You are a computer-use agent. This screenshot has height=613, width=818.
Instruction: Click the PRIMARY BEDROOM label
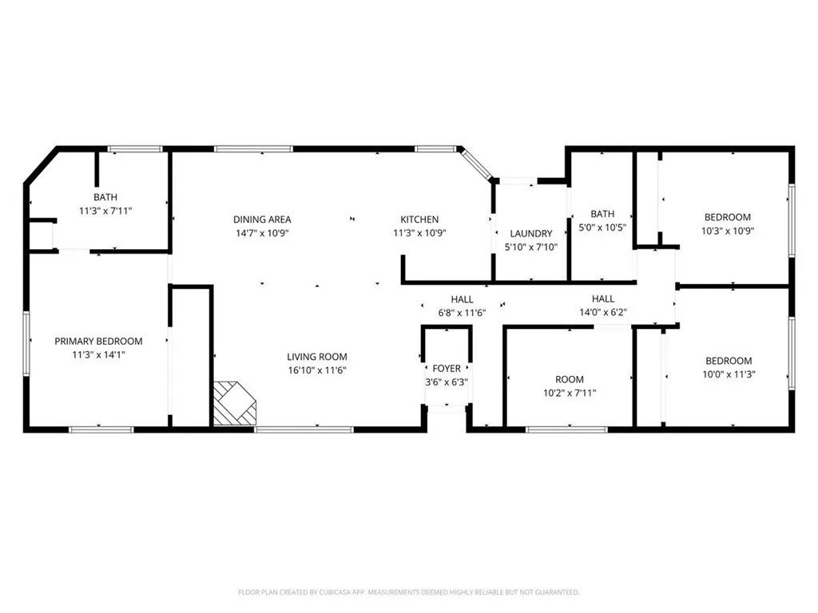(x=98, y=341)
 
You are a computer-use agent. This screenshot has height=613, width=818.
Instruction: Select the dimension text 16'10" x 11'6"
(x=317, y=370)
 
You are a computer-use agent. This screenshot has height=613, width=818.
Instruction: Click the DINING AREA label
(x=262, y=219)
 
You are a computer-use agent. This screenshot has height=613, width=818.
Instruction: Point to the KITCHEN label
(x=419, y=219)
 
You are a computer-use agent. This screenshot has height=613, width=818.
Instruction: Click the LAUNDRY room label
(x=530, y=234)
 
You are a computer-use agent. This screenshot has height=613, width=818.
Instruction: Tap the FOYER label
(x=447, y=368)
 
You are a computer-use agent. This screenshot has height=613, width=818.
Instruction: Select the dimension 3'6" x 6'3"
(x=447, y=382)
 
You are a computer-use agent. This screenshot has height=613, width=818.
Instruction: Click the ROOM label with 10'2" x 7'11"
(x=570, y=379)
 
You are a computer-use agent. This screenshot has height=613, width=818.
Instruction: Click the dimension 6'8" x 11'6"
(x=462, y=312)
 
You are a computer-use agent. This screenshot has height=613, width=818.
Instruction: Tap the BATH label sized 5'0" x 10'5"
(x=602, y=213)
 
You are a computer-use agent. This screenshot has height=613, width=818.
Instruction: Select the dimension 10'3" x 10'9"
(x=727, y=231)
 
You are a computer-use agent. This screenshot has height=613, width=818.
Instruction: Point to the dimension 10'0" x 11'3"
(x=729, y=374)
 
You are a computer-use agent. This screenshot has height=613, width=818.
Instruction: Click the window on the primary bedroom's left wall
(x=26, y=342)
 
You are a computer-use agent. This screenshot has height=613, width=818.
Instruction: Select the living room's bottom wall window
(x=304, y=429)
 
